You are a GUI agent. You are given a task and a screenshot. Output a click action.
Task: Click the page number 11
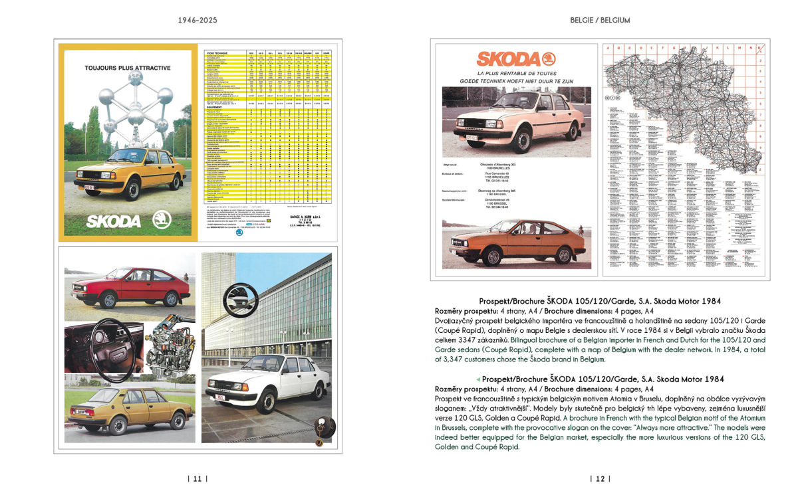tap(197, 478)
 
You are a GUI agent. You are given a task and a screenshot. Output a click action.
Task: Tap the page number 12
tap(600, 478)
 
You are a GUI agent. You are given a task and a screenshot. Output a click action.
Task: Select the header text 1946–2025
tap(198, 21)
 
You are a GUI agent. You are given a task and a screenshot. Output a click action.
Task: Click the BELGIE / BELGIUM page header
tap(600, 21)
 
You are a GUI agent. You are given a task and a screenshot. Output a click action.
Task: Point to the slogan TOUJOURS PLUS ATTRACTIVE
tap(128, 68)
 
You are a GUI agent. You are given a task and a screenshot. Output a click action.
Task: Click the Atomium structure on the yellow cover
tap(128, 110)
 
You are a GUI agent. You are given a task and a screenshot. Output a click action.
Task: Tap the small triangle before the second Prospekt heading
tap(478, 379)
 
